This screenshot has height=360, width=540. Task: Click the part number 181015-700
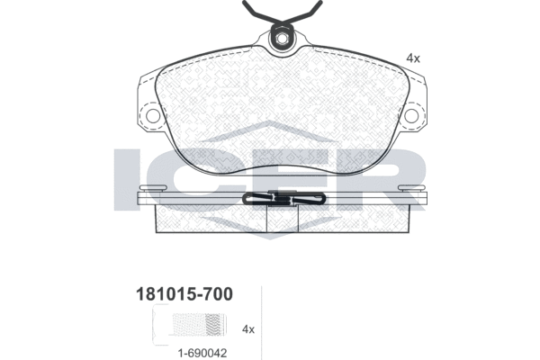(x=184, y=294)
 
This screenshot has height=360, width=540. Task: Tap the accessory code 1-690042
(x=202, y=353)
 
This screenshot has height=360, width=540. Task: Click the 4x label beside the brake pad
(x=413, y=58)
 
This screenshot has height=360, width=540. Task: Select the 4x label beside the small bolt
(x=248, y=329)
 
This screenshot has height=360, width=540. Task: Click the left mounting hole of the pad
(x=153, y=116)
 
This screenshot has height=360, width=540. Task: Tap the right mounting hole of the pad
(x=411, y=116)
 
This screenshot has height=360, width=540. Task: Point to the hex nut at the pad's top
(x=282, y=38)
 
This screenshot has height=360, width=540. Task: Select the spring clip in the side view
(x=283, y=199)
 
